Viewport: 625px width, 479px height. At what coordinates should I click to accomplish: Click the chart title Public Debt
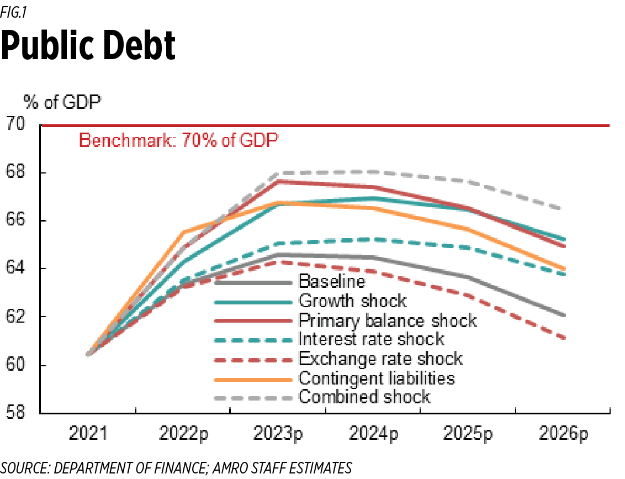pyautogui.click(x=88, y=46)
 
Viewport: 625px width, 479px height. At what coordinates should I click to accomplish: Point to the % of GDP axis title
pyautogui.click(x=62, y=102)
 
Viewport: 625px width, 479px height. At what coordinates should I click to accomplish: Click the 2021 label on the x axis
pyautogui.click(x=88, y=434)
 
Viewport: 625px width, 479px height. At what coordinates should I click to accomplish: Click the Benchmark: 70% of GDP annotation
pyautogui.click(x=179, y=140)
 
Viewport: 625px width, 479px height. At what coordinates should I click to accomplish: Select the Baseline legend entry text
pyautogui.click(x=332, y=282)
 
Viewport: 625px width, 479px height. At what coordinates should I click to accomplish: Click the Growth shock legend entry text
pyautogui.click(x=352, y=301)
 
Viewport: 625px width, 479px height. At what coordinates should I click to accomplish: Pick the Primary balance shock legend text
pyautogui.click(x=388, y=320)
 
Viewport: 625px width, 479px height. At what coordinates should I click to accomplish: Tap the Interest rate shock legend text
pyautogui.click(x=372, y=339)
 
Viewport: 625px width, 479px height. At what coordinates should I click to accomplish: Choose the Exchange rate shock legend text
pyautogui.click(x=380, y=359)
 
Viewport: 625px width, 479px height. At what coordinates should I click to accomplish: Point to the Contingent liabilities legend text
pyautogui.click(x=377, y=378)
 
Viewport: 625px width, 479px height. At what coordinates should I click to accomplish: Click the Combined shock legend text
pyautogui.click(x=364, y=397)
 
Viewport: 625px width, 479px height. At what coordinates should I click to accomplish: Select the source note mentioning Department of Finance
pyautogui.click(x=176, y=469)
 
